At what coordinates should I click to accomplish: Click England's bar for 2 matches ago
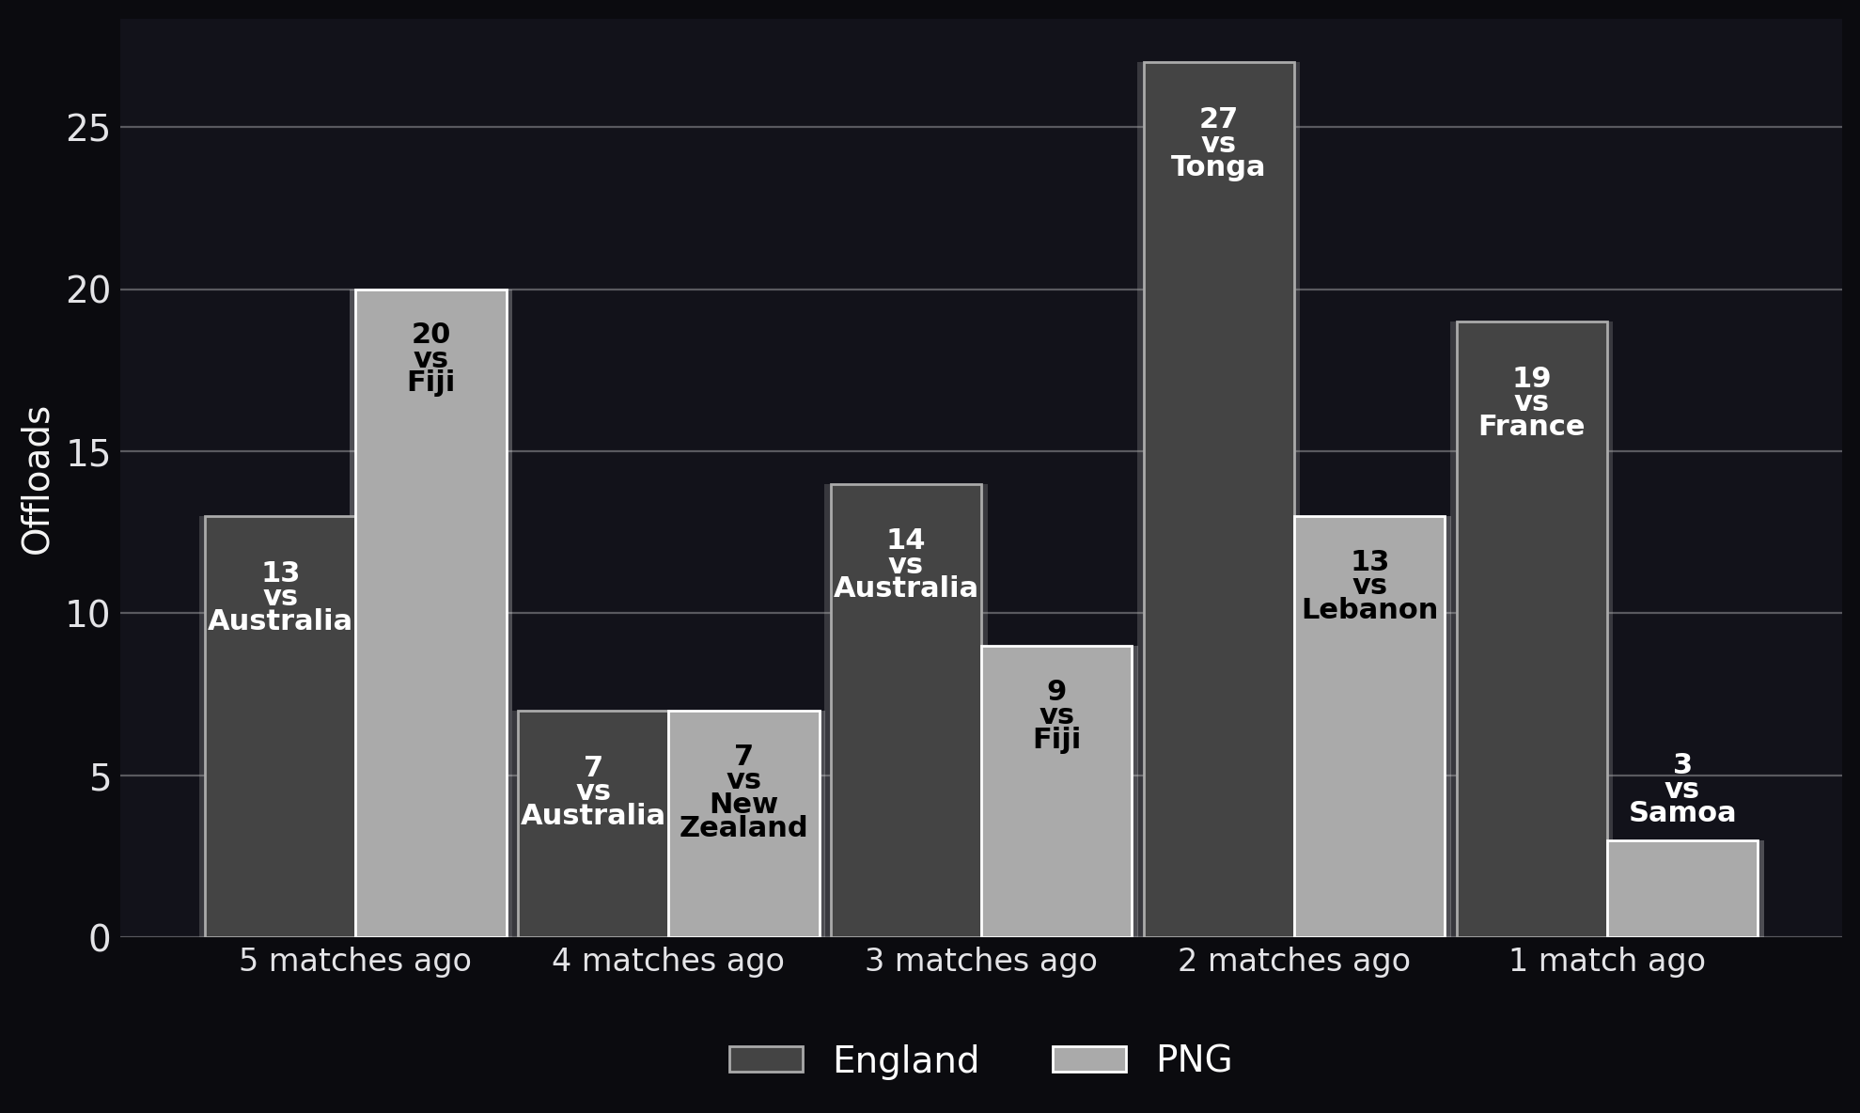tap(1219, 499)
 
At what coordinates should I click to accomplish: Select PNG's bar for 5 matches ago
tap(431, 613)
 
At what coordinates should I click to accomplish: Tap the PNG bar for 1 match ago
tap(1682, 888)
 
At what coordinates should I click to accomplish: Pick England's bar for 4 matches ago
tap(593, 823)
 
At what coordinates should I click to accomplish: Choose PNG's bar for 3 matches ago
tap(1056, 792)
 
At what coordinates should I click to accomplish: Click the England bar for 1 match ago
tap(1532, 629)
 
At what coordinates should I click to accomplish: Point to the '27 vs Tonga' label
tap(1218, 144)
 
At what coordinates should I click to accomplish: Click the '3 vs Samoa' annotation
tap(1682, 790)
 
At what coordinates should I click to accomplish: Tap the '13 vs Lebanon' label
tap(1369, 586)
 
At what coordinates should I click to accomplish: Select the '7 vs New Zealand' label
tap(743, 792)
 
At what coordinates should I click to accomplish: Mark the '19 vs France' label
tap(1531, 402)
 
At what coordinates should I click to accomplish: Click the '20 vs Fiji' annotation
tap(431, 358)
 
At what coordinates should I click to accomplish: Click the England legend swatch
tap(766, 1059)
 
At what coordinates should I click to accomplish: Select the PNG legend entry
tap(1142, 1059)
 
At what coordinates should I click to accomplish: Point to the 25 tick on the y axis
tap(88, 128)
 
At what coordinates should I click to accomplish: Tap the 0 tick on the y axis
tap(100, 938)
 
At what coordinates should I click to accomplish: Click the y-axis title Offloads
tap(37, 480)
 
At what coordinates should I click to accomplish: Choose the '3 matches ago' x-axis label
tap(981, 961)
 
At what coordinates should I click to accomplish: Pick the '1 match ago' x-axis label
tap(1607, 961)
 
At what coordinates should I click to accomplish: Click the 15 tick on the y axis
tap(88, 452)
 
